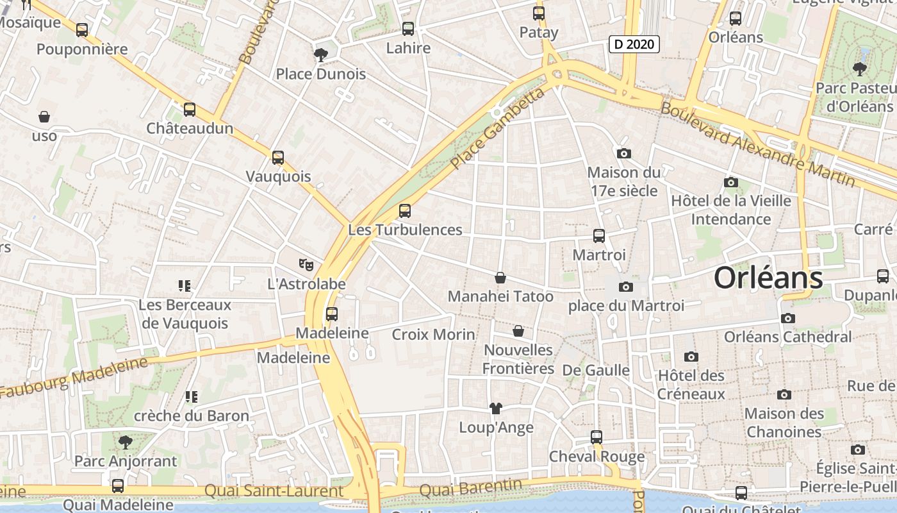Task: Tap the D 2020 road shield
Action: point(634,44)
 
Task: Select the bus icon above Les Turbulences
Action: point(404,210)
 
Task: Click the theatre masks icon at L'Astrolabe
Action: point(306,264)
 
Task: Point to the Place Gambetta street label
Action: point(497,129)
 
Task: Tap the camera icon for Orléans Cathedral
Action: point(788,318)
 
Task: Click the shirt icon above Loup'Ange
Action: point(495,408)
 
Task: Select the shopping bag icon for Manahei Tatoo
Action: point(500,278)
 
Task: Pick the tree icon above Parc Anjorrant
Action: point(125,442)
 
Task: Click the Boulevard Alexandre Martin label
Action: point(757,144)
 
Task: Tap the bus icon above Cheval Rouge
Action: point(597,437)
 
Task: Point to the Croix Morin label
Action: point(433,334)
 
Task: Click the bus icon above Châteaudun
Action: point(190,109)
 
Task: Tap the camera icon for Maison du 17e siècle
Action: point(623,153)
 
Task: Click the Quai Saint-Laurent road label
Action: point(274,491)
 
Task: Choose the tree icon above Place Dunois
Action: point(320,55)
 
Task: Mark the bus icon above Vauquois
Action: point(278,157)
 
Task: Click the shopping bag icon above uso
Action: point(44,117)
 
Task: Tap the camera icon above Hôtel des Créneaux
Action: point(691,357)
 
